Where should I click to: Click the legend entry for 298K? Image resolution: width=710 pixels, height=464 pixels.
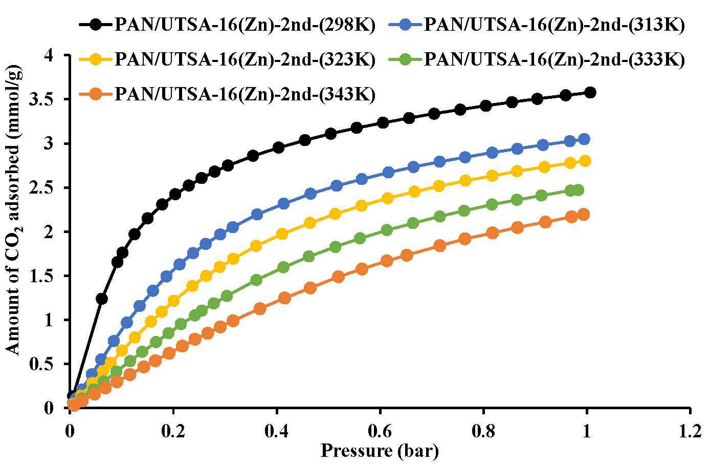click(227, 25)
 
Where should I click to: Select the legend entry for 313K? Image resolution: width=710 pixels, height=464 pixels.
click(537, 25)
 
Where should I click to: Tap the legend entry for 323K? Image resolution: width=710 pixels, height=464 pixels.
click(227, 59)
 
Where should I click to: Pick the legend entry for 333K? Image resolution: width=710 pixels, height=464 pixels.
click(537, 59)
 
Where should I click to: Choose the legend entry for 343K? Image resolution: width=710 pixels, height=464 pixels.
click(227, 94)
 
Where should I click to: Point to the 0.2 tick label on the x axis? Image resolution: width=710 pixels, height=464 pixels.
click(173, 432)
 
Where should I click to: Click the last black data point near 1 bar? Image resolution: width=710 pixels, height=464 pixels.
click(590, 93)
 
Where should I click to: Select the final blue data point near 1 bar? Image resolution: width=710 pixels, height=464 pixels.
click(584, 139)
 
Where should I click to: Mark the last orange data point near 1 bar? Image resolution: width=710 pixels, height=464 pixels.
click(584, 215)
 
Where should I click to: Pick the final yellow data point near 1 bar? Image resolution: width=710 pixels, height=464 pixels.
click(585, 161)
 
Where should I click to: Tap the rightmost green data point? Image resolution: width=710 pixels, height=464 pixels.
click(578, 190)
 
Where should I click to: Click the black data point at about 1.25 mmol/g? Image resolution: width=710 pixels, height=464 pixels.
click(102, 299)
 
